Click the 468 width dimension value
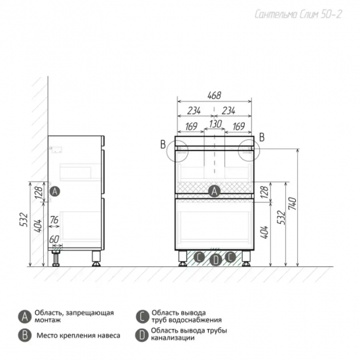pos(214,96)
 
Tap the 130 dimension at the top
pos(215,124)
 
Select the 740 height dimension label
pos(293,204)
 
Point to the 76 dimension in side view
pos(54,220)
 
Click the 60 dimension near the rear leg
pos(54,240)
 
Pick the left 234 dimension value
pos(194,111)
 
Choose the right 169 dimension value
pos(238,126)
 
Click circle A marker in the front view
pos(214,191)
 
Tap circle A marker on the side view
pos(54,191)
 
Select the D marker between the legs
pos(216,260)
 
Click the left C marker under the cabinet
pos(199,257)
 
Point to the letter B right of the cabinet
pos(262,137)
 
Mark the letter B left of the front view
pos(163,145)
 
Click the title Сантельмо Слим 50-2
pos(298,14)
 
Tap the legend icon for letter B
pos(25,335)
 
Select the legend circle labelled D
pos(142,335)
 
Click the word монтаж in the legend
pos(48,320)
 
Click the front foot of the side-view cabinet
pos(96,259)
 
